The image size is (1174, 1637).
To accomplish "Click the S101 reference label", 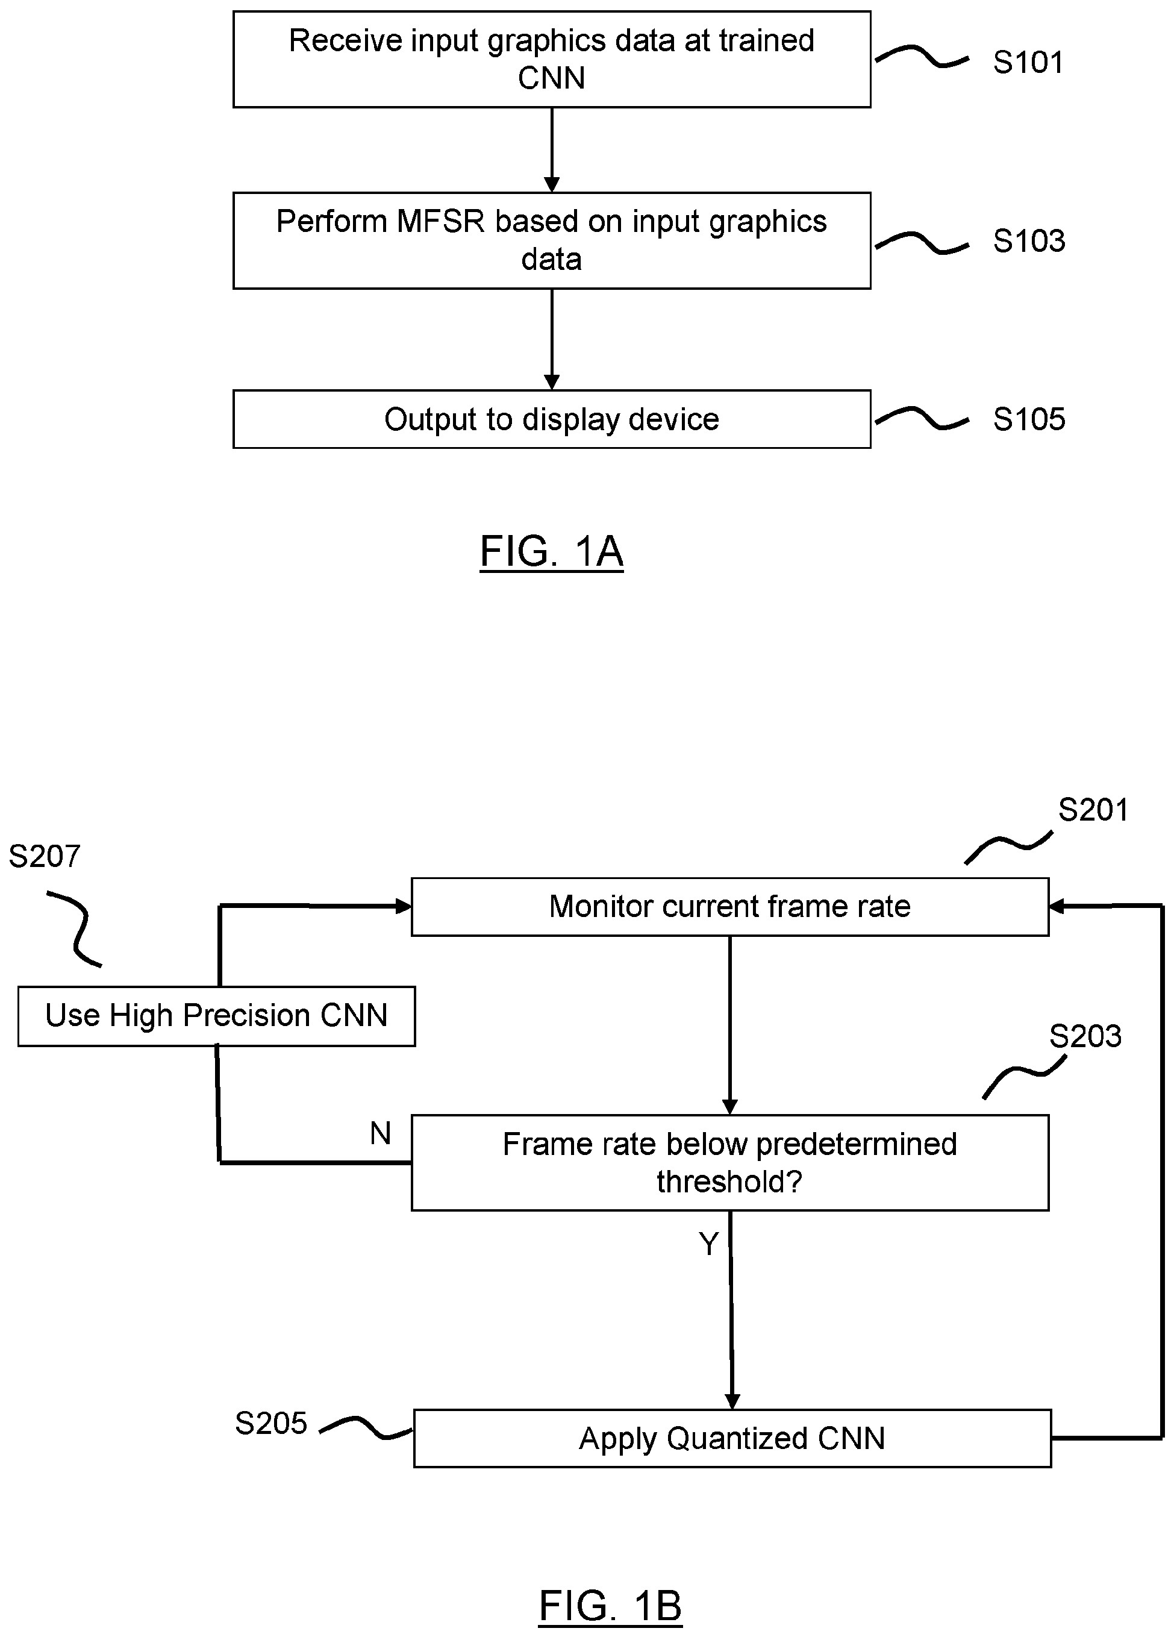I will pyautogui.click(x=1028, y=63).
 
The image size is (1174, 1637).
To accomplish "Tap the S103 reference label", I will pyautogui.click(x=1028, y=241).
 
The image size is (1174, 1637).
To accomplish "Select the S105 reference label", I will pyautogui.click(x=1028, y=419).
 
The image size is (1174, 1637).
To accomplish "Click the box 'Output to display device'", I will pyautogui.click(x=551, y=419).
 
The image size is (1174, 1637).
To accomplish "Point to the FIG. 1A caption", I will pyautogui.click(x=551, y=552).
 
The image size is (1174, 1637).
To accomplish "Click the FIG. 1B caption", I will pyautogui.click(x=610, y=1606).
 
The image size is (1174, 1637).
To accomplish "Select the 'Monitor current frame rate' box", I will pyautogui.click(x=729, y=907).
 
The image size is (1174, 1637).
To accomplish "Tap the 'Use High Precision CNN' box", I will pyautogui.click(x=216, y=1016).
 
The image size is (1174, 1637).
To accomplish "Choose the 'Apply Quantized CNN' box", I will pyautogui.click(x=732, y=1439).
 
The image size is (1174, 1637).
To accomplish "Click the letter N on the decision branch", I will pyautogui.click(x=380, y=1134).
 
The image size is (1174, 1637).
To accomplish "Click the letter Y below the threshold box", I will pyautogui.click(x=708, y=1244).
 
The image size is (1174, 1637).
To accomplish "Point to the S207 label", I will pyautogui.click(x=44, y=857).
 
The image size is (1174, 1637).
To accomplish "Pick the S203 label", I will pyautogui.click(x=1084, y=1037).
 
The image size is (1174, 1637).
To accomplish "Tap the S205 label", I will pyautogui.click(x=271, y=1423).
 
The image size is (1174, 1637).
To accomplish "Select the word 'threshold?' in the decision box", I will pyautogui.click(x=729, y=1182).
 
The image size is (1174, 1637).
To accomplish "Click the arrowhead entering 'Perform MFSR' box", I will pyautogui.click(x=551, y=185).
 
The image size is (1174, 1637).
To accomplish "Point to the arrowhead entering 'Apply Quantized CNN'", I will pyautogui.click(x=732, y=1401).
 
